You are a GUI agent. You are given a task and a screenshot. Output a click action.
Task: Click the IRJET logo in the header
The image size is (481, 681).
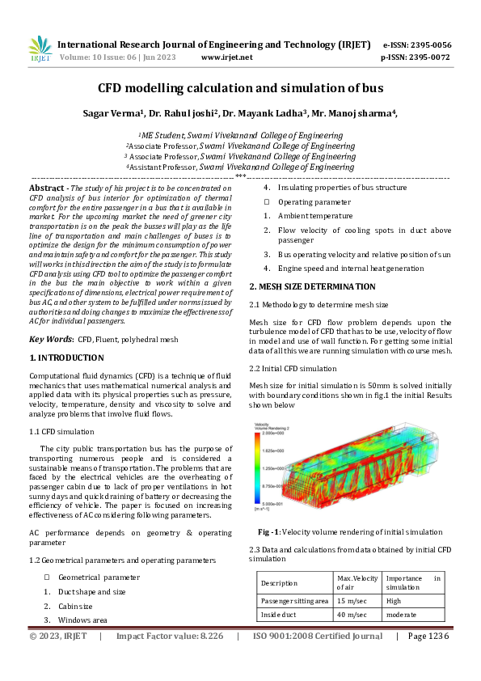click(x=40, y=50)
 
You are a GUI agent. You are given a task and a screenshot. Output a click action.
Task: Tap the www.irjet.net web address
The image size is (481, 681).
click(x=226, y=57)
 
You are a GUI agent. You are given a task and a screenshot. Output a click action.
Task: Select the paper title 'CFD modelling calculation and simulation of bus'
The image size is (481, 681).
click(x=240, y=87)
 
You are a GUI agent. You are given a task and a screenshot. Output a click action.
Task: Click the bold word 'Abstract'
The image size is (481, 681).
click(x=47, y=187)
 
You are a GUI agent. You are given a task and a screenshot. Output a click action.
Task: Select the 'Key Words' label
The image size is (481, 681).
click(x=50, y=339)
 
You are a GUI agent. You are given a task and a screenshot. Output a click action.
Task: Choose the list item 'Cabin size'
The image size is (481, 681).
click(x=75, y=605)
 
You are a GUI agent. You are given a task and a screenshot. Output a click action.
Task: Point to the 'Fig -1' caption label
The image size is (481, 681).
click(x=270, y=531)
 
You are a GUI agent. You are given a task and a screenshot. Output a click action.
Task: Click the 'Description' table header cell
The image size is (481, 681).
click(x=279, y=582)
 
